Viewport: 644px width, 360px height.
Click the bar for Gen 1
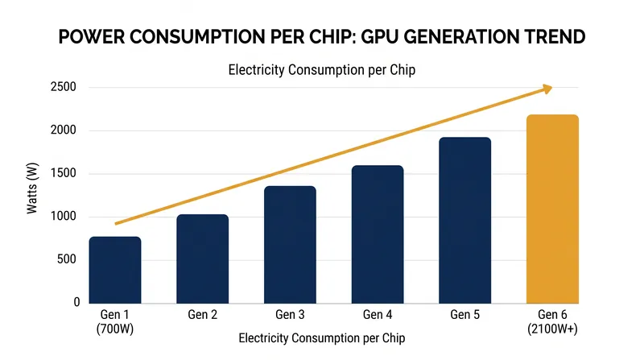pos(115,270)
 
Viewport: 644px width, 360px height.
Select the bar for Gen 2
pos(203,259)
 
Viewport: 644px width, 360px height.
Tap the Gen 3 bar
pos(290,245)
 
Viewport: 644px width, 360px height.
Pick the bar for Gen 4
pos(378,234)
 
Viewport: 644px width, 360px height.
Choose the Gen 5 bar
pos(465,221)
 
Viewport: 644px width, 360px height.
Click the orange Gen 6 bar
pos(552,209)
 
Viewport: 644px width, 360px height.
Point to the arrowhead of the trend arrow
pos(548,89)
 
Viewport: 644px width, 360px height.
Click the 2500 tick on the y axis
pos(64,87)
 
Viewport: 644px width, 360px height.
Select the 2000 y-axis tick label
pos(64,130)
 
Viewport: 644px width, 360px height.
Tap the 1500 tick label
pos(64,173)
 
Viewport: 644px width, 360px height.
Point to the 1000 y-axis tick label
pos(64,216)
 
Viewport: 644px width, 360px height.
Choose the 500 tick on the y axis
pos(67,259)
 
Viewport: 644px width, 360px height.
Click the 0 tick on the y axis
pos(76,302)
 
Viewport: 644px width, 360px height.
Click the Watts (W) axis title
pos(32,188)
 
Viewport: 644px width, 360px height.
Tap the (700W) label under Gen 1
pos(115,329)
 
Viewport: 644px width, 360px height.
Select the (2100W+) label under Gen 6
pos(552,329)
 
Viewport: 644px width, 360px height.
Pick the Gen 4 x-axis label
pos(378,315)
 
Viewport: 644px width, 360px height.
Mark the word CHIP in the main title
pos(326,36)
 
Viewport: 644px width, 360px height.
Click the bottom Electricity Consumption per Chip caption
pos(322,338)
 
